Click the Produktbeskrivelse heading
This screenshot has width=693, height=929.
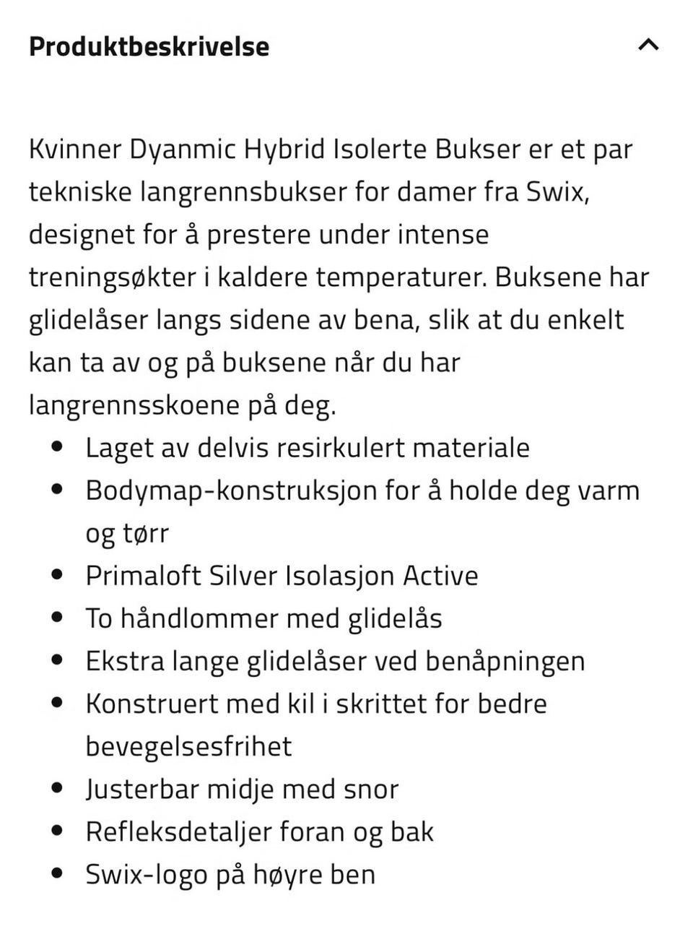click(x=149, y=47)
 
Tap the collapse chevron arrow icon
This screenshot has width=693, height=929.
click(x=648, y=45)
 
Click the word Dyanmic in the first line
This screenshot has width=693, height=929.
click(x=183, y=150)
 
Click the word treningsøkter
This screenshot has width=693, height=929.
click(x=112, y=277)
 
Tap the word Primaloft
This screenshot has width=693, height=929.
click(x=143, y=576)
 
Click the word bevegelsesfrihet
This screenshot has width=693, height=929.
click(x=188, y=746)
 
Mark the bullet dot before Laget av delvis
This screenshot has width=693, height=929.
click(x=58, y=447)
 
